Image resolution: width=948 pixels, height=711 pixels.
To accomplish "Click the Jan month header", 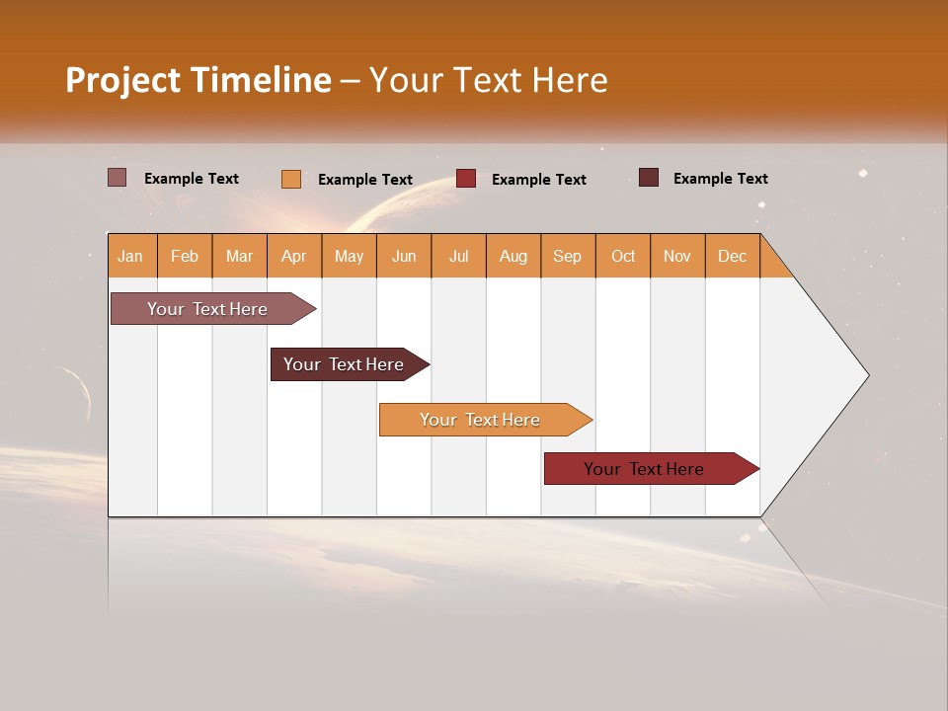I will click(130, 257).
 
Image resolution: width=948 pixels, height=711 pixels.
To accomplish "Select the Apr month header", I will click(293, 257).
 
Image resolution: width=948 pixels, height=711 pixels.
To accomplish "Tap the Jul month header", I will click(458, 257).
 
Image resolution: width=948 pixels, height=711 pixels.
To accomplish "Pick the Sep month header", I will click(567, 257).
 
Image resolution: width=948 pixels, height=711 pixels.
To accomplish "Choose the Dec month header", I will click(732, 257).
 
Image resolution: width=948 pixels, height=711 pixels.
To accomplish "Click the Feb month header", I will click(185, 257).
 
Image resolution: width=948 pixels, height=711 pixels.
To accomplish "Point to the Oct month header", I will click(623, 257).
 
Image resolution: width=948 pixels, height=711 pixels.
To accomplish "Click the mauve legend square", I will click(117, 178).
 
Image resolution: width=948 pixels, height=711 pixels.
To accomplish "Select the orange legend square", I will click(290, 179).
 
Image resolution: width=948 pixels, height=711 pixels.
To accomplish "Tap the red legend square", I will click(466, 179).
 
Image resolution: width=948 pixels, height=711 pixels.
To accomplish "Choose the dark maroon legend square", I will click(648, 178).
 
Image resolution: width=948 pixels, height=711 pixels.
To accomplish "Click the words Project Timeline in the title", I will click(197, 80).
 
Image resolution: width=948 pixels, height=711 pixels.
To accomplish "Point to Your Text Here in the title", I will click(488, 80).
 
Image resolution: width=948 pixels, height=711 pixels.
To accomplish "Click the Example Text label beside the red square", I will click(538, 180).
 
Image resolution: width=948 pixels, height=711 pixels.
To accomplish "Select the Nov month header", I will click(677, 257).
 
